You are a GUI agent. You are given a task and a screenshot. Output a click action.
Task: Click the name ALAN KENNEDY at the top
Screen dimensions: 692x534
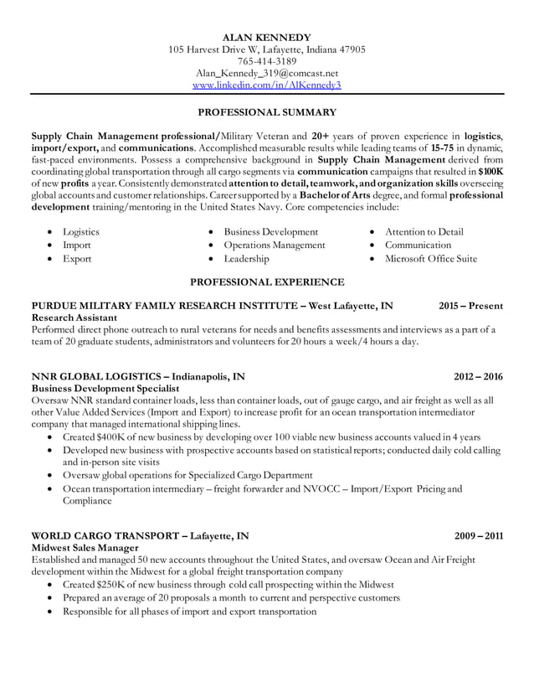[267, 38]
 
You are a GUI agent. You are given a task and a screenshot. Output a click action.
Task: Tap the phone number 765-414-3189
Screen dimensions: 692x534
[267, 61]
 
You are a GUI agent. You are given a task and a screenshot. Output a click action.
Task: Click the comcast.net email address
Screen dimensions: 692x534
[267, 73]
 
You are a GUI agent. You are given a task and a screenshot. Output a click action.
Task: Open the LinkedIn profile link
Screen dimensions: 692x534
[267, 85]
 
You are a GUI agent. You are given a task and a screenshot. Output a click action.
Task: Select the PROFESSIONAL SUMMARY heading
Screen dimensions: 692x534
[267, 111]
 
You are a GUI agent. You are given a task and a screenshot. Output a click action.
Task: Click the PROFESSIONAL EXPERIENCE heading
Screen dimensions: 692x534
[267, 282]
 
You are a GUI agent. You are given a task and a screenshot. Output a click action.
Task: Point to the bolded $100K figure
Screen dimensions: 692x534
[490, 169]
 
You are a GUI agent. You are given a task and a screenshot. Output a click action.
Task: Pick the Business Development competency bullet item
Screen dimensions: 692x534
[270, 232]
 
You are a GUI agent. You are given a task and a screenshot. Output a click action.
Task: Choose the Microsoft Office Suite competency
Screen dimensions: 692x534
[430, 259]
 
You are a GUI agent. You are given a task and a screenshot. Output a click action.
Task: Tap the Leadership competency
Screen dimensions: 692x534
[246, 259]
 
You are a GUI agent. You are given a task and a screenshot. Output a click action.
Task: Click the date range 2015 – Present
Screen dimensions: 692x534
[471, 307]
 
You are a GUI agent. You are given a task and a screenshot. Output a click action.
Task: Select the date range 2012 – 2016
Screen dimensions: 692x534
[478, 377]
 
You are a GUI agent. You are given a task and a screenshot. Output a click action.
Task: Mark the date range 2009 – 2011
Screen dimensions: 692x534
[478, 535]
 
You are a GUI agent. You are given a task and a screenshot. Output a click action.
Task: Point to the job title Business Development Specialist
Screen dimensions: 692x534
[105, 390]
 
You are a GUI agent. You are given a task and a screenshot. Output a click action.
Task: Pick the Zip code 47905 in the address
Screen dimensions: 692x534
[351, 49]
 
